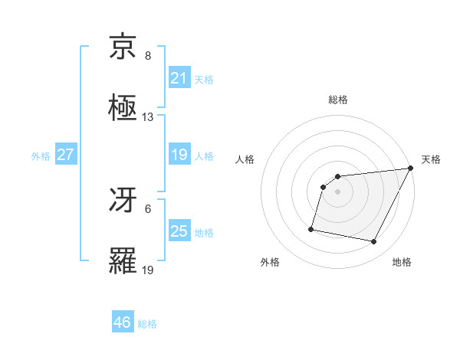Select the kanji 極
124,109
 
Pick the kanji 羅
124,262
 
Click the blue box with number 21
179,78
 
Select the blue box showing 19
179,155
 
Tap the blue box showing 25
179,232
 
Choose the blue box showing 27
65,155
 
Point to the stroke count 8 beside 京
148,56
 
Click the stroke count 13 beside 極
148,117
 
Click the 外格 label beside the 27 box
41,156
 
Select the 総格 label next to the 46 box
147,324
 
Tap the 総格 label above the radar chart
338,100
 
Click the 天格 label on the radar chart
431,159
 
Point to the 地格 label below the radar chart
402,263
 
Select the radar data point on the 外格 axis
311,228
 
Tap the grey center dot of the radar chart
338,191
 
